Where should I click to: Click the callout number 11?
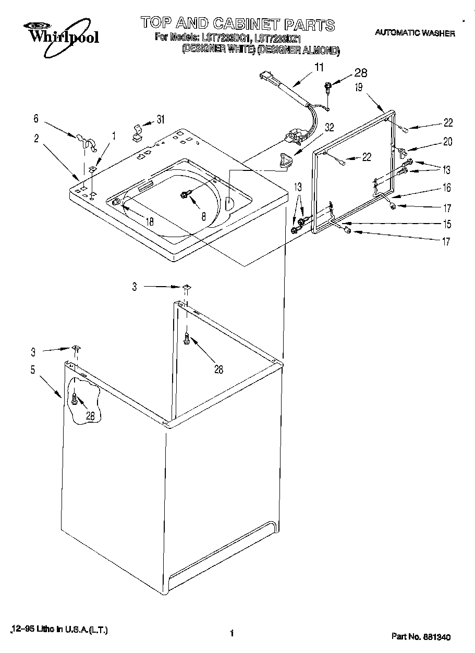point(319,67)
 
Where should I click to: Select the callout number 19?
point(359,88)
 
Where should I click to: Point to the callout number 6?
point(35,118)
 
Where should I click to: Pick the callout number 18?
point(150,220)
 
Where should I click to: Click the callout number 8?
point(203,215)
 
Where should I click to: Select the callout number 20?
point(447,141)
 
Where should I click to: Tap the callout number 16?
point(447,188)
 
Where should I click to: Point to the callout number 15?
point(447,225)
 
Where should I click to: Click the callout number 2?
point(36,138)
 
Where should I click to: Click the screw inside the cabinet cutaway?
point(75,400)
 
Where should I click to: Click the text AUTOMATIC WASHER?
point(415,33)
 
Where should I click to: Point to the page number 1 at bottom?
point(230,633)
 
